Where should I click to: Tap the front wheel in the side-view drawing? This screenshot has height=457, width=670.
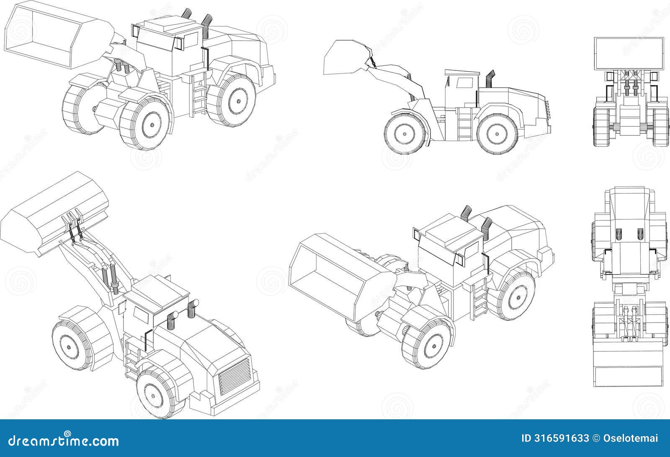click(x=405, y=134)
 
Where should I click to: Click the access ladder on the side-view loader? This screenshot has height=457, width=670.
click(x=464, y=124)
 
